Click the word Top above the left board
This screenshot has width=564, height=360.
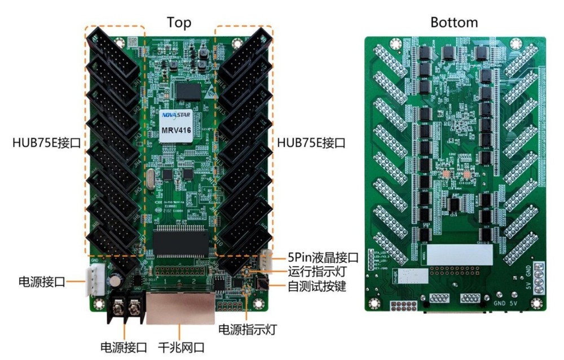click(x=179, y=23)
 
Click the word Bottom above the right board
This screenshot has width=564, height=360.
click(x=454, y=23)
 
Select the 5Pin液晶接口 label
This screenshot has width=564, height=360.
click(x=323, y=258)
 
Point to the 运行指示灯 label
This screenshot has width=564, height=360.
click(x=316, y=272)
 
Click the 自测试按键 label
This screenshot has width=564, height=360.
click(x=316, y=287)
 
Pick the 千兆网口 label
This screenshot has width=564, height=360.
click(x=181, y=347)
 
